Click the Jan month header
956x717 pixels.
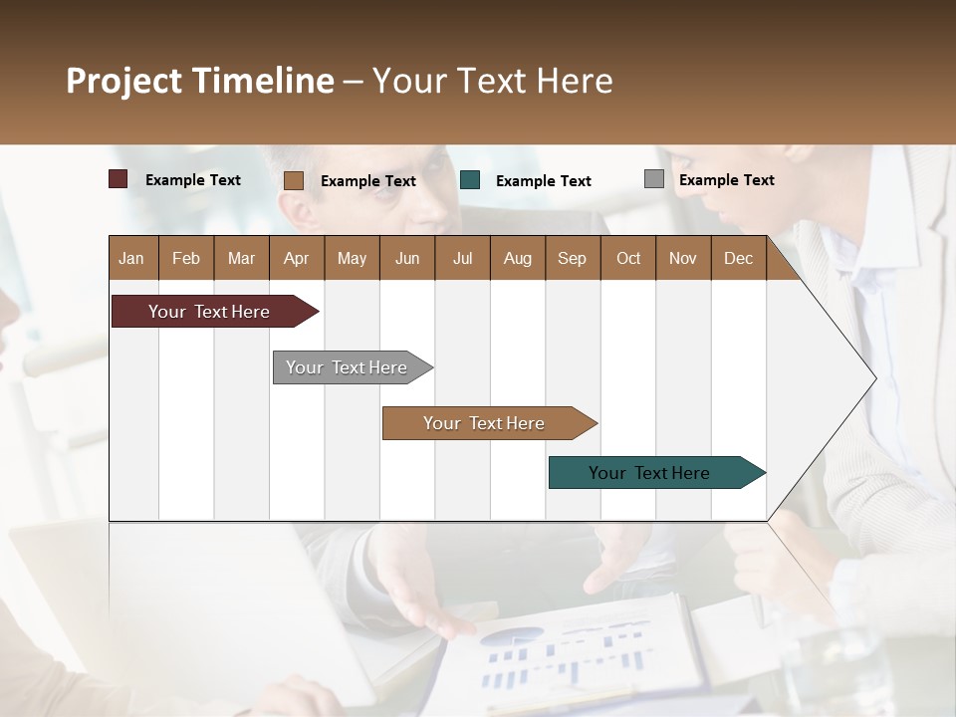click(x=132, y=258)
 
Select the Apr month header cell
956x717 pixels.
click(x=297, y=258)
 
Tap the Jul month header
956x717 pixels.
click(x=462, y=258)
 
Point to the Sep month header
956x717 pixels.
click(x=572, y=258)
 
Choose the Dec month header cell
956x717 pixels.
click(x=738, y=258)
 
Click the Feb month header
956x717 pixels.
click(x=186, y=258)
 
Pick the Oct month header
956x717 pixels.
click(x=628, y=258)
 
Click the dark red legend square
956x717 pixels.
click(x=119, y=179)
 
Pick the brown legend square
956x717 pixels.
click(x=293, y=180)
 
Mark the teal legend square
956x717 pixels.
click(x=470, y=180)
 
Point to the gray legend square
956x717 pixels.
click(x=653, y=179)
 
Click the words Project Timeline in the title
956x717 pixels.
click(x=200, y=81)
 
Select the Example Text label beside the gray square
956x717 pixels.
click(x=726, y=180)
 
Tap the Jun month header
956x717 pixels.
click(x=407, y=258)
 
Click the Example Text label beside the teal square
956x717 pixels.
click(x=543, y=181)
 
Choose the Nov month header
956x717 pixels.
click(x=683, y=258)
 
